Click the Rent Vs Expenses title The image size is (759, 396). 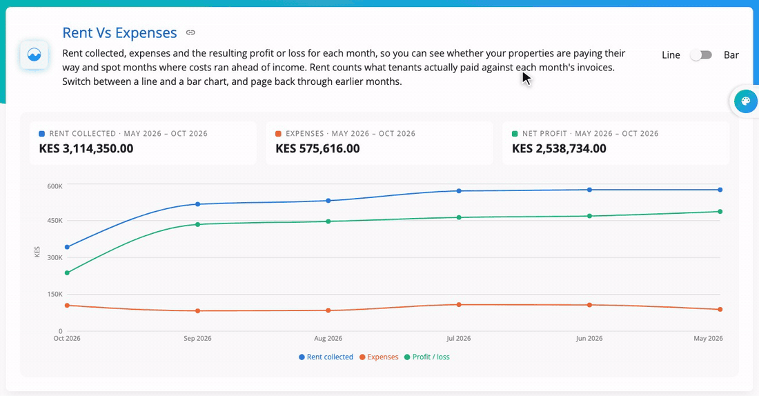click(119, 33)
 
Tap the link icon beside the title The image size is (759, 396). click(190, 32)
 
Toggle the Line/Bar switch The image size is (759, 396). click(701, 55)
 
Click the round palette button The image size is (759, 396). click(745, 101)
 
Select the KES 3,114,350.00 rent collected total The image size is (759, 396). click(86, 148)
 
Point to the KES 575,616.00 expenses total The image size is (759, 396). click(317, 148)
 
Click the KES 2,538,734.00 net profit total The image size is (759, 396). click(559, 148)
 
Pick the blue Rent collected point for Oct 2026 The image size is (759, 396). click(68, 248)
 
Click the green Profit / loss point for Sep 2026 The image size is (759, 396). click(197, 225)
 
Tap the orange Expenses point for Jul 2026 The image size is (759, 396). click(459, 305)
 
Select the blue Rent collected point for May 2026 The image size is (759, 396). click(720, 190)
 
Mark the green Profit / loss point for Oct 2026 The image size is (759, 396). click(68, 273)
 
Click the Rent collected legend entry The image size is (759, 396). click(326, 357)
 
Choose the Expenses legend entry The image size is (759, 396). click(379, 357)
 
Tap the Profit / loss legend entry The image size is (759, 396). click(427, 357)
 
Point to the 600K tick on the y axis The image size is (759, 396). click(55, 186)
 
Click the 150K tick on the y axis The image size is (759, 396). click(55, 295)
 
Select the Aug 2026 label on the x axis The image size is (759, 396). click(328, 338)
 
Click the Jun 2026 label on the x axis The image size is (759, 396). click(589, 338)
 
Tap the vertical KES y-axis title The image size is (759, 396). click(37, 252)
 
